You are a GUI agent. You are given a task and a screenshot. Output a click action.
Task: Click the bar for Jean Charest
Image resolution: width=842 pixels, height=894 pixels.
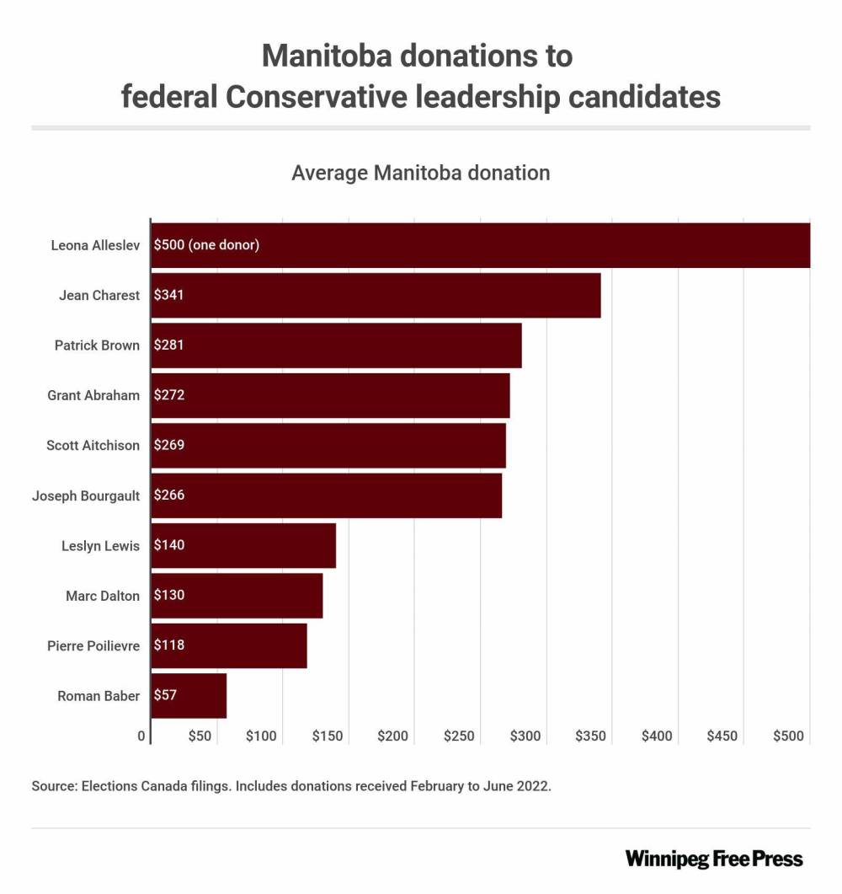click(376, 296)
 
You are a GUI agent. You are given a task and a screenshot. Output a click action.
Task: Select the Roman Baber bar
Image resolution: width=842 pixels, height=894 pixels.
click(189, 696)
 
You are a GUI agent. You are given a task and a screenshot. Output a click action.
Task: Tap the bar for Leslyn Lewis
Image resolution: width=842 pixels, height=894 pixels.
click(243, 545)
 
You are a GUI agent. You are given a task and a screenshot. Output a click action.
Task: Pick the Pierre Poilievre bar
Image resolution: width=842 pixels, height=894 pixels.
click(229, 645)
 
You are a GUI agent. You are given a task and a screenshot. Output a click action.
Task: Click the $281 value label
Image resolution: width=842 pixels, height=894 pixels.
click(169, 345)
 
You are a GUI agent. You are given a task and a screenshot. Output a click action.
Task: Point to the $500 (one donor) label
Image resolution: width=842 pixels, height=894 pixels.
click(206, 245)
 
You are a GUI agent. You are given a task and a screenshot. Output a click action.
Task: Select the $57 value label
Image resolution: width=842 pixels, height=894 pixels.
click(166, 696)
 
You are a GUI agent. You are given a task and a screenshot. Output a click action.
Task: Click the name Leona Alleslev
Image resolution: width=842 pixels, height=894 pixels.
click(94, 246)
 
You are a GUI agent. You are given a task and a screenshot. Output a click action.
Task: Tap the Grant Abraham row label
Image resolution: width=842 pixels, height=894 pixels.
click(93, 395)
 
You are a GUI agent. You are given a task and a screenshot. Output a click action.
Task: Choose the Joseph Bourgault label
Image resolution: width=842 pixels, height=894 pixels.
click(86, 495)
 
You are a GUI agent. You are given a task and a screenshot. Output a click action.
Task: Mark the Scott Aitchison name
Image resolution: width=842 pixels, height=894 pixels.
click(93, 446)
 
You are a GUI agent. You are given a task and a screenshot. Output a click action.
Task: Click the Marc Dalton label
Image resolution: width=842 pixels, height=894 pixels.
click(103, 596)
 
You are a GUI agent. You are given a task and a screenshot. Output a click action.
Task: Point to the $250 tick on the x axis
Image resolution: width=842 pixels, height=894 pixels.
click(459, 736)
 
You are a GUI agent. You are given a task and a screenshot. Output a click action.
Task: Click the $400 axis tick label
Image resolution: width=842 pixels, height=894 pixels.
click(657, 736)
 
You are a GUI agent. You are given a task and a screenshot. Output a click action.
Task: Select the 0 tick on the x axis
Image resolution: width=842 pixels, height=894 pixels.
click(141, 736)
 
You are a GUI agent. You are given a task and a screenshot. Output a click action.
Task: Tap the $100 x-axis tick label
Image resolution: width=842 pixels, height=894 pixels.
click(261, 736)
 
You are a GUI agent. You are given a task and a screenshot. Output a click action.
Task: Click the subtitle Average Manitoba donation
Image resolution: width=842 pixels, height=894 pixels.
click(420, 174)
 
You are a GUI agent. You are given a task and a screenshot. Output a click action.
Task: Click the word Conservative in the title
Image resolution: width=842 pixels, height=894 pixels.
click(317, 96)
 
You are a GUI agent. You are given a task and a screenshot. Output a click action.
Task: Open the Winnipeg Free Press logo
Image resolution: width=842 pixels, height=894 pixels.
click(714, 859)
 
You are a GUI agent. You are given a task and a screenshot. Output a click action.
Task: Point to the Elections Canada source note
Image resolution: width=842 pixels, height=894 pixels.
click(291, 786)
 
